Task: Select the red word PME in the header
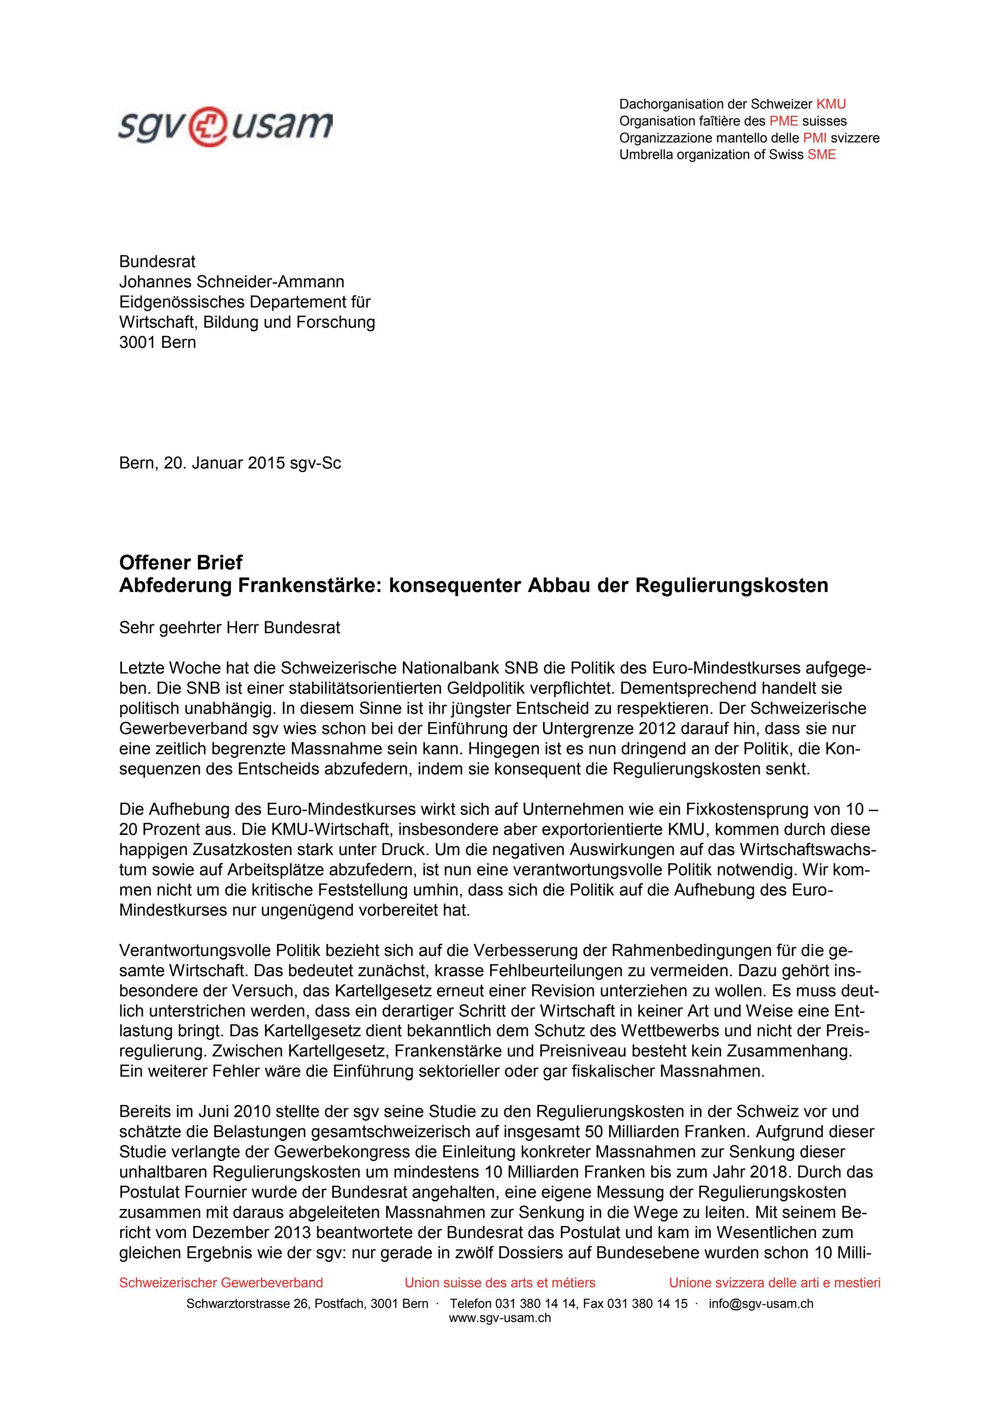tap(783, 121)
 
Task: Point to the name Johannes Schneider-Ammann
tap(232, 282)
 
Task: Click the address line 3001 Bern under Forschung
tap(158, 343)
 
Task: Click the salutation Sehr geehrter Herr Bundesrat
tap(230, 628)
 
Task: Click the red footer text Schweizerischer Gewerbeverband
tap(221, 1283)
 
